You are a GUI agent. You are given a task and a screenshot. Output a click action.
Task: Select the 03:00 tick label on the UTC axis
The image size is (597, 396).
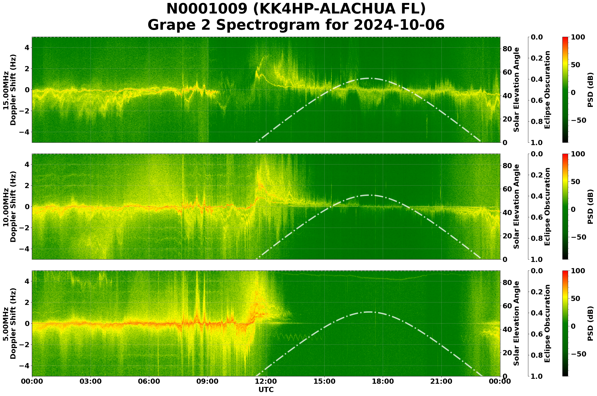(90, 381)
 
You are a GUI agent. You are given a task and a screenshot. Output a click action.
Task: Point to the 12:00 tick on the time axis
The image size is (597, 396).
(266, 381)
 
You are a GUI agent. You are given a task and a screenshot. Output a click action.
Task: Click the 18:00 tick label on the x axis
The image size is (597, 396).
(383, 381)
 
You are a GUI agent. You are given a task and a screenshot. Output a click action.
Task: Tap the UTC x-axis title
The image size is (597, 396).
(266, 390)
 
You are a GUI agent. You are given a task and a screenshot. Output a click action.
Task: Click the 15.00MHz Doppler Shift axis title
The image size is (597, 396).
(10, 90)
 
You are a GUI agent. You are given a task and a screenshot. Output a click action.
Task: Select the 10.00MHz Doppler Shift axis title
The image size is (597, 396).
(10, 206)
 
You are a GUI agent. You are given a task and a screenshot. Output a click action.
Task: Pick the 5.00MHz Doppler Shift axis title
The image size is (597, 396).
(10, 324)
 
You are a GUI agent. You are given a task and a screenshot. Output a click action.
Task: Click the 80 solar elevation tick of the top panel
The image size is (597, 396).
(507, 49)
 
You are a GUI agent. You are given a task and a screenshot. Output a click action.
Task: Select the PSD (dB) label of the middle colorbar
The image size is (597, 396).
(590, 206)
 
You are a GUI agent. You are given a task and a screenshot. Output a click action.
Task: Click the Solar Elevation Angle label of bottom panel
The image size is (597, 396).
(517, 324)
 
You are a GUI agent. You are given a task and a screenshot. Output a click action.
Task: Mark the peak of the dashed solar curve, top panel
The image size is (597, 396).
(368, 78)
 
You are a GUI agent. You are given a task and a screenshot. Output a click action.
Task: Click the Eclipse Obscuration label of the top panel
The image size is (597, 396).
(547, 90)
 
